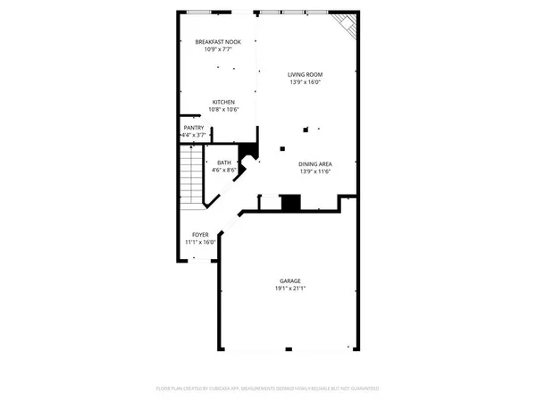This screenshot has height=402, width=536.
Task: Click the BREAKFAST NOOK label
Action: coord(217,42)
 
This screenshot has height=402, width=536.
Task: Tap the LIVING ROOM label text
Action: coord(305,74)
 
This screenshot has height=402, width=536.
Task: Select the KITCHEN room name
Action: coord(223,102)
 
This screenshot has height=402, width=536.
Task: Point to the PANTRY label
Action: coord(195,128)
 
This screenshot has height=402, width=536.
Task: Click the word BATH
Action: coord(223,163)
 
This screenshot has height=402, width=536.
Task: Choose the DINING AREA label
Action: coord(315,163)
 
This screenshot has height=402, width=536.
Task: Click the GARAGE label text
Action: coord(289,281)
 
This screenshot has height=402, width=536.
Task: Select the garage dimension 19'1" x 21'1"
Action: coord(289,289)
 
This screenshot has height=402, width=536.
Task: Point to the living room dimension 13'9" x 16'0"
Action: coord(305,82)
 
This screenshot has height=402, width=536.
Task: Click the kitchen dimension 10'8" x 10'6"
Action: coord(223,110)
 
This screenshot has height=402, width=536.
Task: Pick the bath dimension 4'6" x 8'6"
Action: coord(223,170)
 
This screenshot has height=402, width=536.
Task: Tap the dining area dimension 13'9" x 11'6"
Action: coord(315,172)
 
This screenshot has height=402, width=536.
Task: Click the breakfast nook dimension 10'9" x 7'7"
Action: coord(217,50)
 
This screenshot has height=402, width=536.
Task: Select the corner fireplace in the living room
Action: coord(346,28)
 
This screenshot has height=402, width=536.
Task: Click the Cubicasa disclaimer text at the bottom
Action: coord(268,389)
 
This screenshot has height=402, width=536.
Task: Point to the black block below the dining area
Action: coord(290,203)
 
